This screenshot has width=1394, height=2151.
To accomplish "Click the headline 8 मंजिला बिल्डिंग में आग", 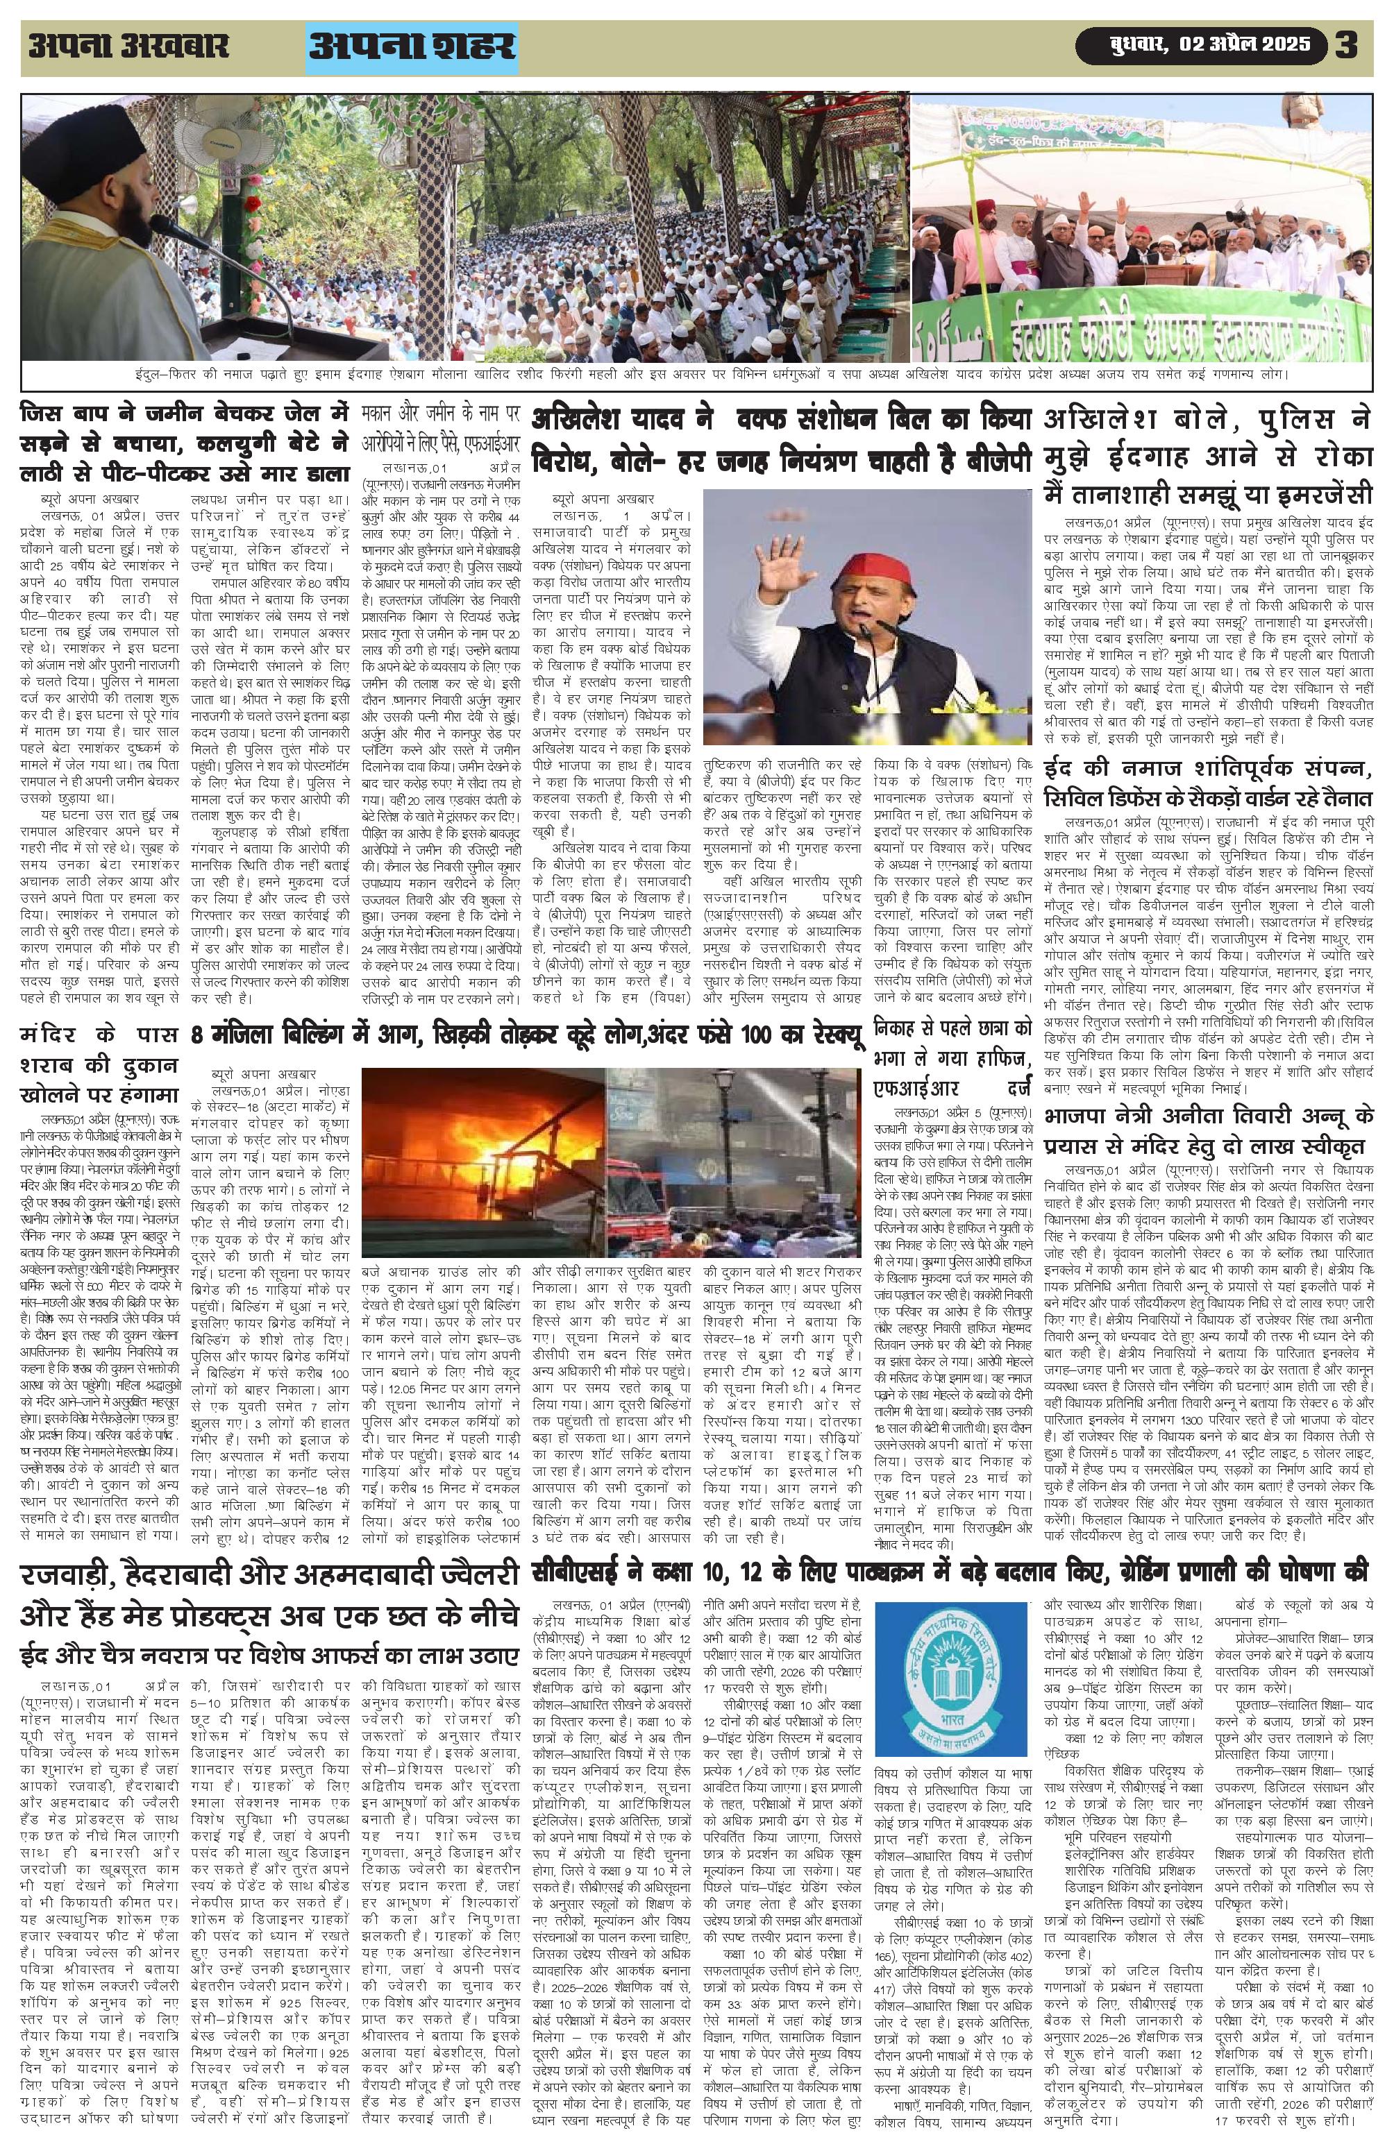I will point(523,1037).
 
